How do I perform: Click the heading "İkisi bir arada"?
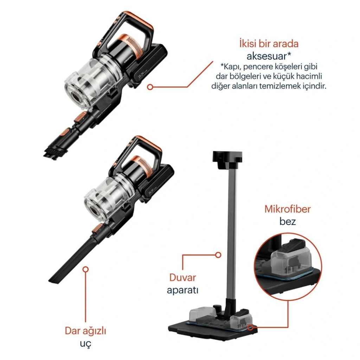pyautogui.click(x=269, y=44)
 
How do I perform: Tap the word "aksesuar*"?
pyautogui.click(x=269, y=56)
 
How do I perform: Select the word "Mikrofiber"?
pyautogui.click(x=288, y=209)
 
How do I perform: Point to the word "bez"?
pyautogui.click(x=288, y=221)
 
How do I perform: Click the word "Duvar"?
pyautogui.click(x=182, y=277)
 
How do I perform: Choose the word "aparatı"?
pyautogui.click(x=182, y=290)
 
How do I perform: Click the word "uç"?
pyautogui.click(x=85, y=343)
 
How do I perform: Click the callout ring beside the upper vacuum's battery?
pyautogui.click(x=150, y=87)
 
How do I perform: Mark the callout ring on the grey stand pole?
pyautogui.click(x=218, y=255)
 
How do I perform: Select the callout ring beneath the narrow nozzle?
pyautogui.click(x=86, y=269)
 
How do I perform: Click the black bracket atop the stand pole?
pyautogui.click(x=227, y=159)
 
